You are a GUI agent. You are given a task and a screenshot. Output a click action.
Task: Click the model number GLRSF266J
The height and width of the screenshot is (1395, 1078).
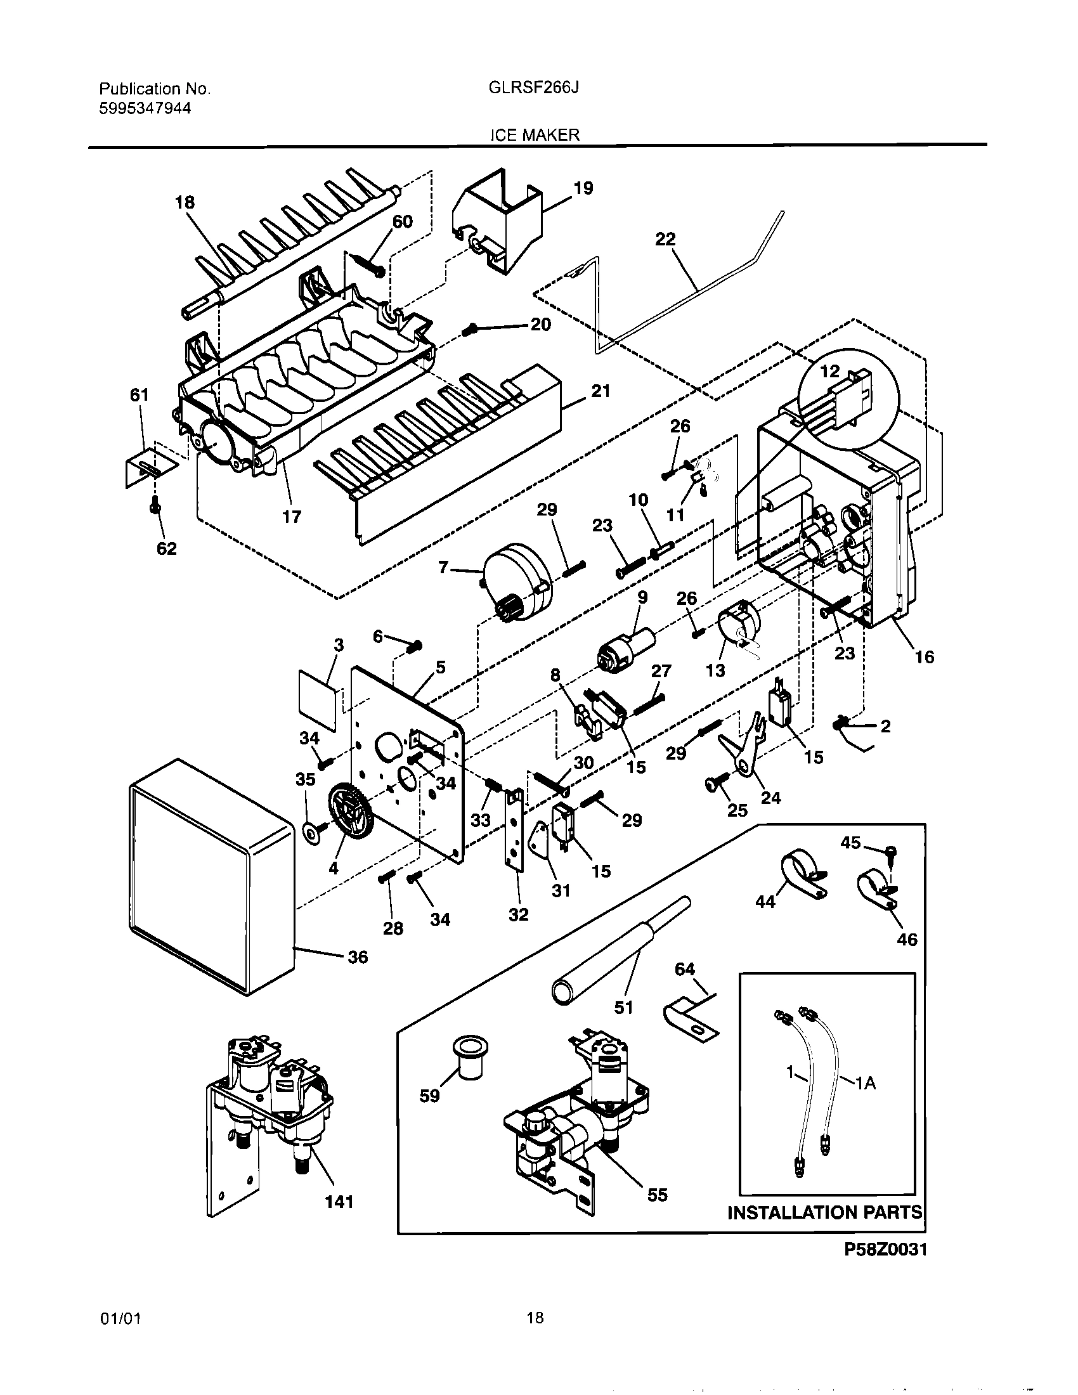click(x=533, y=88)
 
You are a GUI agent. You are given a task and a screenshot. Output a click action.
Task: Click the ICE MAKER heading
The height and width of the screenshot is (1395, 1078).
click(x=535, y=135)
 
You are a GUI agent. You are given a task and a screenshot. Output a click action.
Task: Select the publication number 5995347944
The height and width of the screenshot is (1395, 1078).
click(x=145, y=108)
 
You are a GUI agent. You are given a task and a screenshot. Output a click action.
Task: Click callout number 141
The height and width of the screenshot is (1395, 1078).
click(x=339, y=1202)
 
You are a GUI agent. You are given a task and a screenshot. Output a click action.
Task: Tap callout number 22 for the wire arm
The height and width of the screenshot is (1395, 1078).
click(x=665, y=239)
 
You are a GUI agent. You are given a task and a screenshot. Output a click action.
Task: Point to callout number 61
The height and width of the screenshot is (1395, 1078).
click(x=140, y=396)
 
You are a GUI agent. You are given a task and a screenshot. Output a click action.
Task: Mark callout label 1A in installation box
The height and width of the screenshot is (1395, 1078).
click(x=866, y=1082)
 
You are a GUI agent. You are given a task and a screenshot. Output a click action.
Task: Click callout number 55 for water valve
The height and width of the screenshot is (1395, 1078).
click(x=657, y=1195)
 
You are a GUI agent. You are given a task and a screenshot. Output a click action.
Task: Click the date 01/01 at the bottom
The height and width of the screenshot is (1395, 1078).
click(x=120, y=1318)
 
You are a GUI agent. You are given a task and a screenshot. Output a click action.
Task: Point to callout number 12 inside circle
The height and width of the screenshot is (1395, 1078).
click(x=829, y=371)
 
